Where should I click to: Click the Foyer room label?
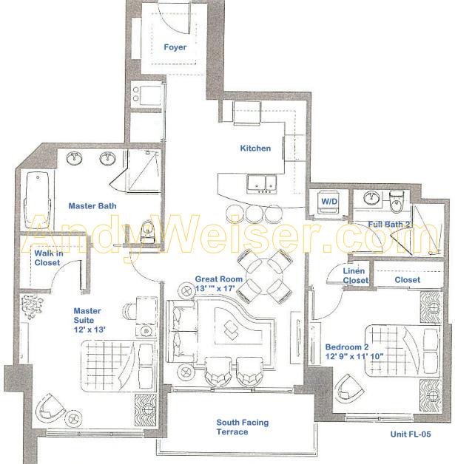click(x=175, y=47)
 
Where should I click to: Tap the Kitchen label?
click(x=255, y=149)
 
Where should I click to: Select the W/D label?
click(x=329, y=202)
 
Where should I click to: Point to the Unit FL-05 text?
click(x=411, y=434)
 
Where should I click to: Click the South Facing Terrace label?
click(x=243, y=427)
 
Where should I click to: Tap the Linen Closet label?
click(x=355, y=276)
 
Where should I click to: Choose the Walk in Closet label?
click(x=49, y=258)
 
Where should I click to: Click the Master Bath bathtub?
click(x=37, y=201)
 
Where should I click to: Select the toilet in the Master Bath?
click(x=147, y=231)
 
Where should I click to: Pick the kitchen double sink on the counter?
click(x=262, y=184)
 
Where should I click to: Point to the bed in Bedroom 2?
click(x=402, y=351)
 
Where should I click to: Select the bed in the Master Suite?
click(x=118, y=366)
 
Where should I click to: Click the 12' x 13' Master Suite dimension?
click(x=90, y=330)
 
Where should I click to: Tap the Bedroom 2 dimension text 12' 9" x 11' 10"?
click(x=354, y=356)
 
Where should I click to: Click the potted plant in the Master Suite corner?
click(x=32, y=307)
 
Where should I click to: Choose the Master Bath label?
click(x=92, y=206)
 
